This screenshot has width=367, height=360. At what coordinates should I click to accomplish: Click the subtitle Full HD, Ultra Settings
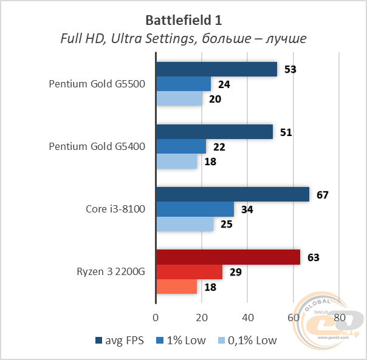click(x=183, y=38)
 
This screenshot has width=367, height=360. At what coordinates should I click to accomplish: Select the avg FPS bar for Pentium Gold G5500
click(x=216, y=69)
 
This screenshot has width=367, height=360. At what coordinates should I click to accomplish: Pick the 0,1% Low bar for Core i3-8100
click(x=185, y=224)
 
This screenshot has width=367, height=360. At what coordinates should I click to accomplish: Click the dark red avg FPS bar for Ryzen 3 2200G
click(x=228, y=257)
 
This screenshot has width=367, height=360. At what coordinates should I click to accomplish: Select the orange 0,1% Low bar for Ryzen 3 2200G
click(x=177, y=286)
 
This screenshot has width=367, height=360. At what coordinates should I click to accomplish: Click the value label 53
click(x=290, y=69)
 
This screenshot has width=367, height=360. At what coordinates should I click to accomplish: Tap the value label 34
click(x=248, y=209)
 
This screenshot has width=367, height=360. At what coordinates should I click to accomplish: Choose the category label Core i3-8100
click(x=115, y=209)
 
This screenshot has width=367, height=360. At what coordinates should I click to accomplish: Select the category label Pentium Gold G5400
click(x=97, y=147)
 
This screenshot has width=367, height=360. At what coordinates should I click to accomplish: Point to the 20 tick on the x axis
click(x=202, y=318)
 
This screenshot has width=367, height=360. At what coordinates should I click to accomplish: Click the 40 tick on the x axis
click(x=248, y=318)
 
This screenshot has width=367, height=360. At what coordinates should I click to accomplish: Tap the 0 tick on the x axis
click(x=156, y=318)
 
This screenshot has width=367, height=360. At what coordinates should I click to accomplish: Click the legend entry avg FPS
click(x=120, y=341)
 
